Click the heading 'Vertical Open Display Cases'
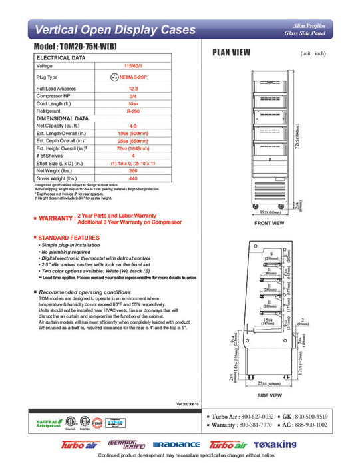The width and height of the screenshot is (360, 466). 114,30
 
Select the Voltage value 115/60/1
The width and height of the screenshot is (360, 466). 133,66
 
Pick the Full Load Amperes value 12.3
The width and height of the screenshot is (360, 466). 133,89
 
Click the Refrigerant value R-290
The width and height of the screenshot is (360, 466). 133,111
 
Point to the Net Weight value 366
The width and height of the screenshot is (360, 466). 133,170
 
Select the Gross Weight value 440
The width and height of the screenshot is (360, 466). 133,178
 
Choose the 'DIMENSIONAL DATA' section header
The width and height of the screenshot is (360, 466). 63,118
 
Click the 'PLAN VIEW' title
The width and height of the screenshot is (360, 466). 230,53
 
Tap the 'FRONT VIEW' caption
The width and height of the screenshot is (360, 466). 269,224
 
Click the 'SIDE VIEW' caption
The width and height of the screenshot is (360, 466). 269,395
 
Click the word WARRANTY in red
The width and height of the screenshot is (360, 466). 57,218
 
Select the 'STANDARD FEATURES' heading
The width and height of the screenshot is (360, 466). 67,238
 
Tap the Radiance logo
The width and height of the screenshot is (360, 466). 176,444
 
